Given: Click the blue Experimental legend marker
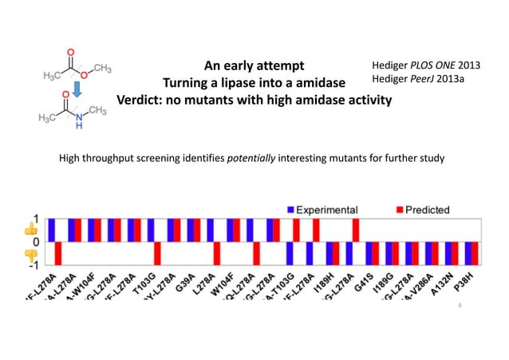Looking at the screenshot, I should (x=291, y=210).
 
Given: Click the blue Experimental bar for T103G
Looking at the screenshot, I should (x=151, y=229).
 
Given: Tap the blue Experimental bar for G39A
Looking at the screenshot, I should (x=190, y=229).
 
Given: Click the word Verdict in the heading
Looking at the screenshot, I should (x=142, y=101).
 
